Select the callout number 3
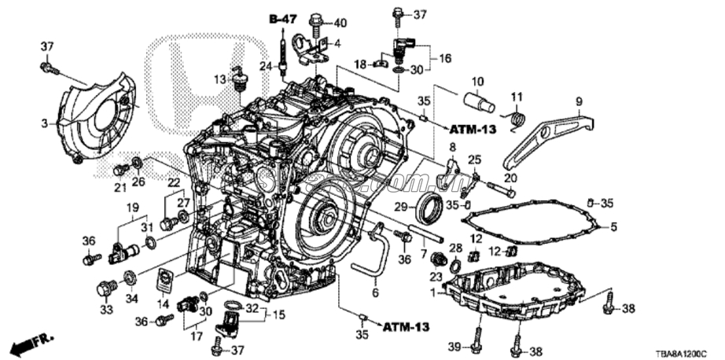(46, 122)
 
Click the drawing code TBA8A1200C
(681, 354)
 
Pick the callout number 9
(579, 101)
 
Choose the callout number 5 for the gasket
(615, 227)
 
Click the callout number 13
(219, 78)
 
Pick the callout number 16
(445, 57)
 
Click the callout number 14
(164, 303)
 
